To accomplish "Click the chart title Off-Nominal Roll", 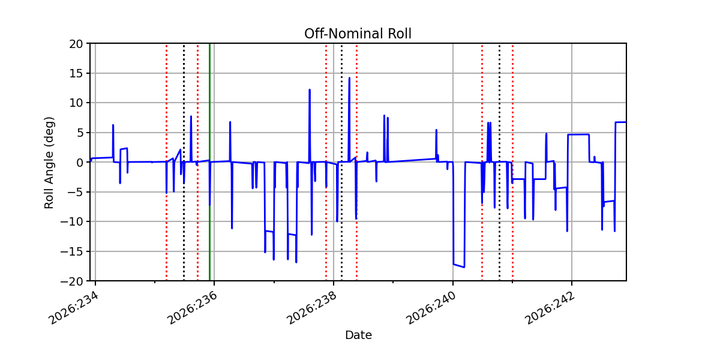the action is pyautogui.click(x=358, y=34).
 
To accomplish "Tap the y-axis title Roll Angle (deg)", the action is pyautogui.click(x=49, y=163).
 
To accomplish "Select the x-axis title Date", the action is pyautogui.click(x=358, y=335).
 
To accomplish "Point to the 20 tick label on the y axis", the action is pyautogui.click(x=76, y=44).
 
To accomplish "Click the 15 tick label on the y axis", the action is pyautogui.click(x=76, y=74).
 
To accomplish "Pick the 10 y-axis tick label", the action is pyautogui.click(x=76, y=103).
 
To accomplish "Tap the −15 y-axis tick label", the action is pyautogui.click(x=71, y=252).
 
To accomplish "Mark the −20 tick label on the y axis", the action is pyautogui.click(x=71, y=281).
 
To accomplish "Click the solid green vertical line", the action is pyautogui.click(x=209, y=162).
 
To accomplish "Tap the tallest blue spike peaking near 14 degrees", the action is pyautogui.click(x=349, y=78).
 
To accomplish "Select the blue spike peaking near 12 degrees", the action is pyautogui.click(x=310, y=90).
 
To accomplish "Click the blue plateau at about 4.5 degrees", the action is pyautogui.click(x=578, y=134).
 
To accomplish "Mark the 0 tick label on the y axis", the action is pyautogui.click(x=79, y=163).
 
